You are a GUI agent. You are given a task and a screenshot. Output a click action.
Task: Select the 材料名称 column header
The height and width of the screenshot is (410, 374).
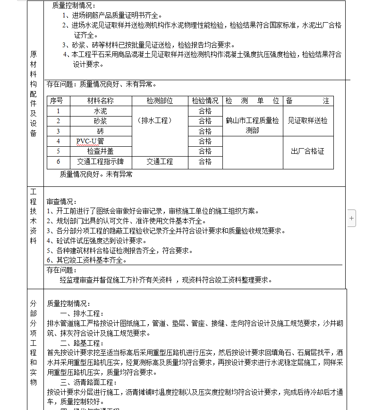[101, 101]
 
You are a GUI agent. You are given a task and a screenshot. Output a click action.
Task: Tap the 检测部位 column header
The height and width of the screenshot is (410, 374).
[160, 101]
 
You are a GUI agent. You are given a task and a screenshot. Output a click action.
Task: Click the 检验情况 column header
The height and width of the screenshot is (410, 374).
[205, 101]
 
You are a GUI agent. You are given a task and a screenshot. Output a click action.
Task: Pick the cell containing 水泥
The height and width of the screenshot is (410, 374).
[101, 111]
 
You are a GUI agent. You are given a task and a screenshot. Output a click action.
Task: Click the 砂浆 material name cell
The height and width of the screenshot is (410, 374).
[101, 121]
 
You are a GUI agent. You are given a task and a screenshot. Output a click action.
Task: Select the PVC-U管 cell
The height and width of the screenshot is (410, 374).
[90, 141]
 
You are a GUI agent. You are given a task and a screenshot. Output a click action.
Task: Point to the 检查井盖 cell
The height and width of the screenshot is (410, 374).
[101, 151]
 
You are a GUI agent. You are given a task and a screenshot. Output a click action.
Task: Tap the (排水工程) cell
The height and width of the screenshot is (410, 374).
[155, 120]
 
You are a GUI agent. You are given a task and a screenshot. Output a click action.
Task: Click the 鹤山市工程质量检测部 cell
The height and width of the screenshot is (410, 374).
[252, 126]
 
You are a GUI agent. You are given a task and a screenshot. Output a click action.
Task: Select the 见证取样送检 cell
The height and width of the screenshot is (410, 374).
[308, 121]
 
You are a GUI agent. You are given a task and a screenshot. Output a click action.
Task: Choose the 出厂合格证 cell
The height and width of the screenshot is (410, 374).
[308, 151]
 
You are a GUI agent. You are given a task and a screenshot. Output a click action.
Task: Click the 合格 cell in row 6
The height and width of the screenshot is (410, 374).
[205, 161]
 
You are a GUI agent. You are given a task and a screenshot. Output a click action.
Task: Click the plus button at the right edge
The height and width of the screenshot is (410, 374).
[351, 218]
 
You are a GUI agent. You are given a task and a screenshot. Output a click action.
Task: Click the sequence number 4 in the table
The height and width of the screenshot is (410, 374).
[59, 141]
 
